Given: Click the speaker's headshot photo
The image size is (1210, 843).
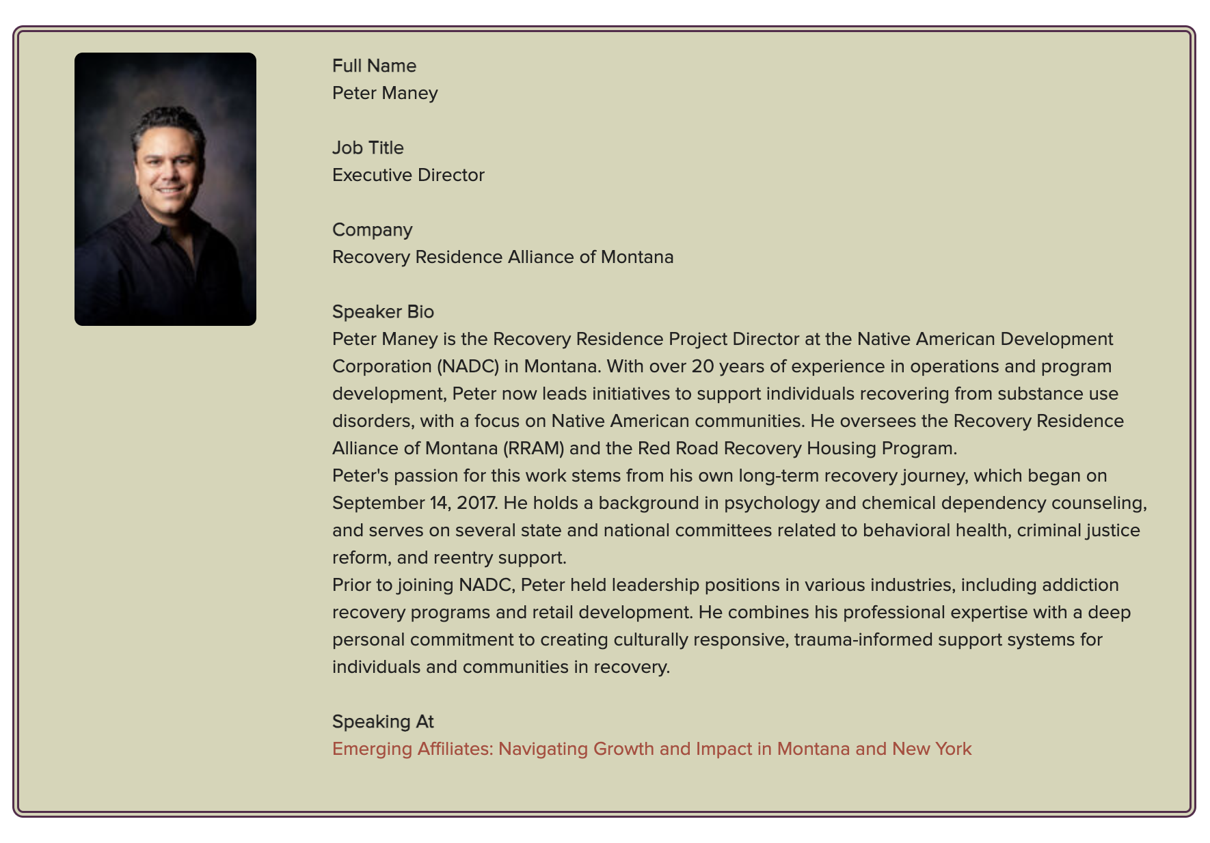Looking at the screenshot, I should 165,189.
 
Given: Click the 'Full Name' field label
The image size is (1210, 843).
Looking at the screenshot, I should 374,66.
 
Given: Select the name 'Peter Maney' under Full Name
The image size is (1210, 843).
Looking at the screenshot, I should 385,93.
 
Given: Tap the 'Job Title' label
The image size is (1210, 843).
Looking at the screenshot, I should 368,148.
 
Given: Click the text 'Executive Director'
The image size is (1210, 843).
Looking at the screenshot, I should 408,175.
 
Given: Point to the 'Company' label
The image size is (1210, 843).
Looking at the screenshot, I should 372,230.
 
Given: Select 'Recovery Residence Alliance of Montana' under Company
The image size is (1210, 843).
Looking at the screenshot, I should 502,257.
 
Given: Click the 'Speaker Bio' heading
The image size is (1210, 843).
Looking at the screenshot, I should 383,312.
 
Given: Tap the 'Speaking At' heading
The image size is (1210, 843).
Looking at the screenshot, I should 383,721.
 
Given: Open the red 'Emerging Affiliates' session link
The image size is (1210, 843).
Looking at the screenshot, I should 651,749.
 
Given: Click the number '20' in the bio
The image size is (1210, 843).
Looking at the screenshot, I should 702,366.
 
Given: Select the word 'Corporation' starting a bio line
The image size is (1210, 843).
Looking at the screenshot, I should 381,366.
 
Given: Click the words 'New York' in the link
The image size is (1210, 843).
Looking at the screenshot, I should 931,749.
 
